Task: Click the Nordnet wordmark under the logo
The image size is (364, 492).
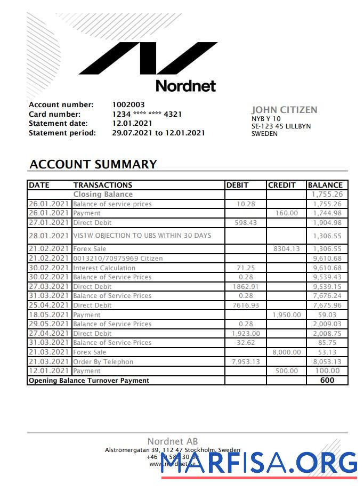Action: pyautogui.click(x=185, y=85)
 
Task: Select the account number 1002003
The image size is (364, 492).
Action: pyautogui.click(x=128, y=104)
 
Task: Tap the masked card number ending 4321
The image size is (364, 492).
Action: pyautogui.click(x=147, y=114)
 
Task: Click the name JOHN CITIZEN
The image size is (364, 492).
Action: pyautogui.click(x=284, y=110)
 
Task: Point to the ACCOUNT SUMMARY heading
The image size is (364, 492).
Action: pyautogui.click(x=93, y=164)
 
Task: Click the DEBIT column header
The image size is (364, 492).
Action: pyautogui.click(x=237, y=185)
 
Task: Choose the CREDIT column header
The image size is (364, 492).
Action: pyautogui.click(x=281, y=185)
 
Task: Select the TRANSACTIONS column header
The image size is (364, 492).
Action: pyautogui.click(x=102, y=185)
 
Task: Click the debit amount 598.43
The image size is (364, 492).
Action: pyautogui.click(x=246, y=223)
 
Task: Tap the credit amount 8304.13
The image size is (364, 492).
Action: pyautogui.click(x=286, y=249)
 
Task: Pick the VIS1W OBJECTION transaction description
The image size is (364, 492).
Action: pyautogui.click(x=142, y=236)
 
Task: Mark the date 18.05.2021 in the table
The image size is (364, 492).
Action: pyautogui.click(x=49, y=314)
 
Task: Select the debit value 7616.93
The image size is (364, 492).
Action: pyautogui.click(x=246, y=305)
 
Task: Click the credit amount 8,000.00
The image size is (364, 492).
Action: pyautogui.click(x=286, y=352)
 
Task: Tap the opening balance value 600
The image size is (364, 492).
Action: pyautogui.click(x=327, y=381)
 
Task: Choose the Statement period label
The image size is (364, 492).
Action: pyautogui.click(x=62, y=133)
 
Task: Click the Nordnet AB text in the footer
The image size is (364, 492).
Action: pyautogui.click(x=172, y=441)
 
